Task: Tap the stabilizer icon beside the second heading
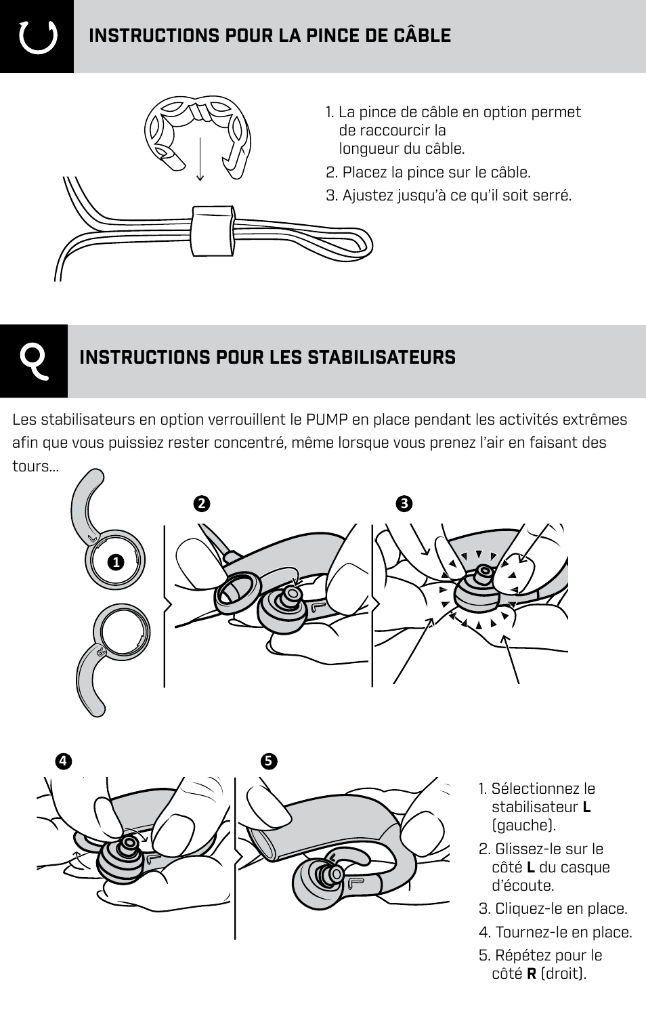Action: [x=34, y=360]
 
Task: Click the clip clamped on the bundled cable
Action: [x=213, y=230]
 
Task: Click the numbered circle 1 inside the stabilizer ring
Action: [x=116, y=562]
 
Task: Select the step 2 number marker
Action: [x=200, y=504]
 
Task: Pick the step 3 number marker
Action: [x=404, y=504]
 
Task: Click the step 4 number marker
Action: [x=63, y=761]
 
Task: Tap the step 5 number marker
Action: [x=267, y=761]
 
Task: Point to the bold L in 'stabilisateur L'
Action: [x=586, y=807]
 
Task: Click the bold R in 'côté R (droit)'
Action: [x=532, y=974]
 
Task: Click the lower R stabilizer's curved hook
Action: [x=91, y=681]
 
